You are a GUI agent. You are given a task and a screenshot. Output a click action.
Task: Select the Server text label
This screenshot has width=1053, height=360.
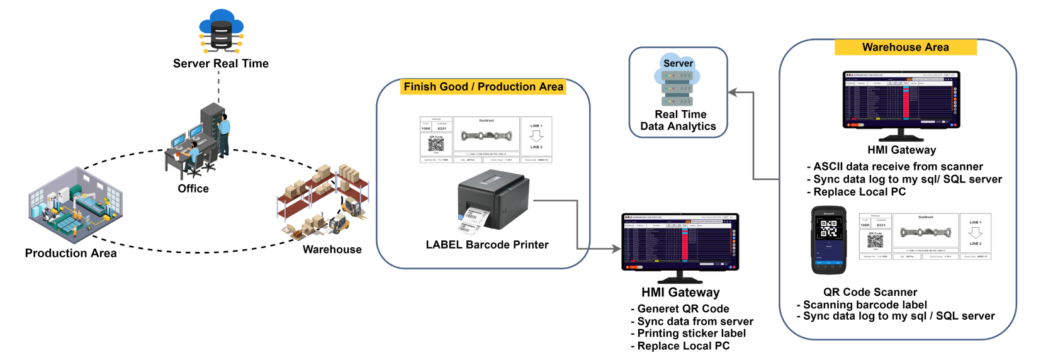pyautogui.click(x=678, y=64)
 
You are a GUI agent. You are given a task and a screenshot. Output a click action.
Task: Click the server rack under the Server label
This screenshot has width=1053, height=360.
pyautogui.click(x=678, y=88)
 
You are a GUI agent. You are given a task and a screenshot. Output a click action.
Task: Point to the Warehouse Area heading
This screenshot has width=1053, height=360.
pyautogui.click(x=905, y=47)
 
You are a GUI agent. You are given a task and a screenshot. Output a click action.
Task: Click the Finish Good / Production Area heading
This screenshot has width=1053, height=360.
pyautogui.click(x=483, y=87)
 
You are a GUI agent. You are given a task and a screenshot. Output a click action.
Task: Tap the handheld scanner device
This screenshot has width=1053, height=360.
pyautogui.click(x=828, y=240)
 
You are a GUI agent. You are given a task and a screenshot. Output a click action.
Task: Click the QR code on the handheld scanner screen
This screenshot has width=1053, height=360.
pyautogui.click(x=828, y=228)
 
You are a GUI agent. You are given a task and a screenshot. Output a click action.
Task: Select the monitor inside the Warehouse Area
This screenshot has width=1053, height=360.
pyautogui.click(x=901, y=101)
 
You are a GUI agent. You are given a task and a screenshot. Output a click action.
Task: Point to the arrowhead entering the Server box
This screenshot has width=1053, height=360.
pyautogui.click(x=733, y=93)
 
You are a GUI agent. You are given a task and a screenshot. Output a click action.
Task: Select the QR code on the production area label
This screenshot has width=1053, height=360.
pyautogui.click(x=436, y=145)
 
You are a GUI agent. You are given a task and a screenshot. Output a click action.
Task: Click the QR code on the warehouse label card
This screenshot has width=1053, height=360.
pyautogui.click(x=875, y=241)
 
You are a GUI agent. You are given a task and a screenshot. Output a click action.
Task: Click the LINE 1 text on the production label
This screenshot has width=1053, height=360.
pyautogui.click(x=536, y=126)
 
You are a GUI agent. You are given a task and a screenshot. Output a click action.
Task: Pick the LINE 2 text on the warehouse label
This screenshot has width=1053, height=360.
pyautogui.click(x=974, y=244)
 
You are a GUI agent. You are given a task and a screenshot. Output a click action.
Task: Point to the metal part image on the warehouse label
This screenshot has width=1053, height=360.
pyautogui.click(x=925, y=232)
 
